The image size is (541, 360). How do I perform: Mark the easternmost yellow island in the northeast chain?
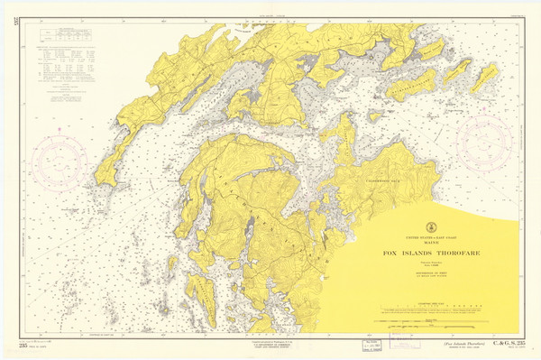pos(484,78)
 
